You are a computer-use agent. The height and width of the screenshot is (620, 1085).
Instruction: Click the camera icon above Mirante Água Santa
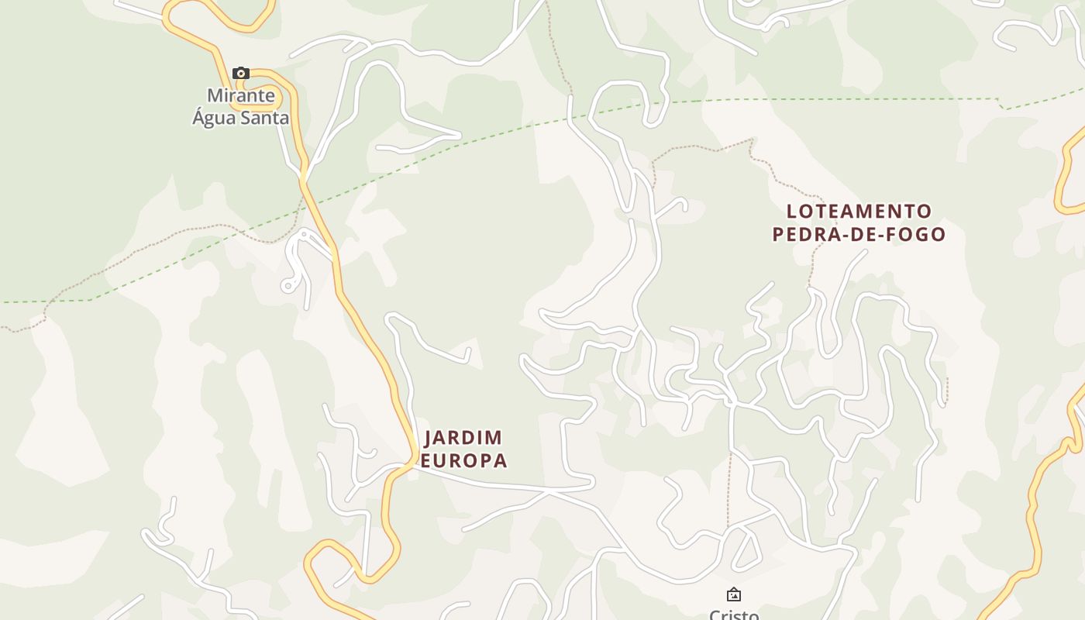tap(241, 74)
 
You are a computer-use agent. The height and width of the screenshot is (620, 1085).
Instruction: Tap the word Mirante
tap(241, 95)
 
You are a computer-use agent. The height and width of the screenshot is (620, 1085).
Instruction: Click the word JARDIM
tap(463, 438)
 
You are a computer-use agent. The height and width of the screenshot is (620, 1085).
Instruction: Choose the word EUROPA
tap(463, 460)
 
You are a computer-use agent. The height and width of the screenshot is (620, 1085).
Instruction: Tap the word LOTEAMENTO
tap(859, 211)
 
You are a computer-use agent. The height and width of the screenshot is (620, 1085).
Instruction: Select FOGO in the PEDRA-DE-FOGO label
tap(918, 234)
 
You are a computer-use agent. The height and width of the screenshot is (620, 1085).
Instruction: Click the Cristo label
tap(733, 615)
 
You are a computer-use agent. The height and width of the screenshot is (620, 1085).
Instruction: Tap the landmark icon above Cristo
tap(733, 595)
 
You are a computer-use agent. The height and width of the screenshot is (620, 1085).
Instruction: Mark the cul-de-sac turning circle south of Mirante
tap(288, 286)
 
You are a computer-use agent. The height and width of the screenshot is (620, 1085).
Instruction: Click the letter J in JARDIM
tap(429, 438)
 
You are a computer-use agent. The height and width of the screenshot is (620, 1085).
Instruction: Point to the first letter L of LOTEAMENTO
tap(791, 211)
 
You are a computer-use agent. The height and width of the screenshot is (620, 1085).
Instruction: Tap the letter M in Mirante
tap(215, 95)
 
